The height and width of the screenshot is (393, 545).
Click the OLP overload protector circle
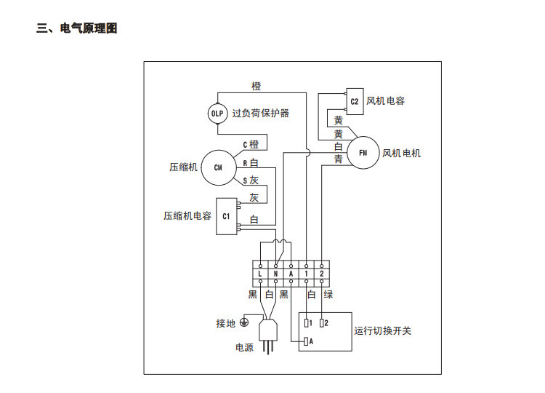[218, 114]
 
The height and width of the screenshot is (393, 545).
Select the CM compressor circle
[217, 167]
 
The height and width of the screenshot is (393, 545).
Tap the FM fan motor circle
[363, 153]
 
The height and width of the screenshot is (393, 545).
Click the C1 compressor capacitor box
[226, 216]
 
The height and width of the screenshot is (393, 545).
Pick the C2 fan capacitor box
[354, 101]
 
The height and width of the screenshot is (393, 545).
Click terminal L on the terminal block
[260, 274]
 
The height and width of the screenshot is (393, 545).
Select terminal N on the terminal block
[275, 274]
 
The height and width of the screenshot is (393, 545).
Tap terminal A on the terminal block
[291, 274]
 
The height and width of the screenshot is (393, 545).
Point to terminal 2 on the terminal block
[321, 274]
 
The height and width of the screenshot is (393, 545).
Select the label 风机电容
[386, 101]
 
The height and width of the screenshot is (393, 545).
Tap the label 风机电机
[401, 153]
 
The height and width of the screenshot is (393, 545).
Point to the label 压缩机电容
[187, 216]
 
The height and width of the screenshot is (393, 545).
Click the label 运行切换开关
[383, 331]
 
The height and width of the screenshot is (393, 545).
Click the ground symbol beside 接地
[245, 322]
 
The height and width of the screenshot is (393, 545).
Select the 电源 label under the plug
[244, 348]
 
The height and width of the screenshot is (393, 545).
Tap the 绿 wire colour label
[328, 295]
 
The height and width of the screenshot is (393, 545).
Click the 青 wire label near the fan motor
[339, 159]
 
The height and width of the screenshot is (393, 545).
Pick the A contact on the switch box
[308, 341]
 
